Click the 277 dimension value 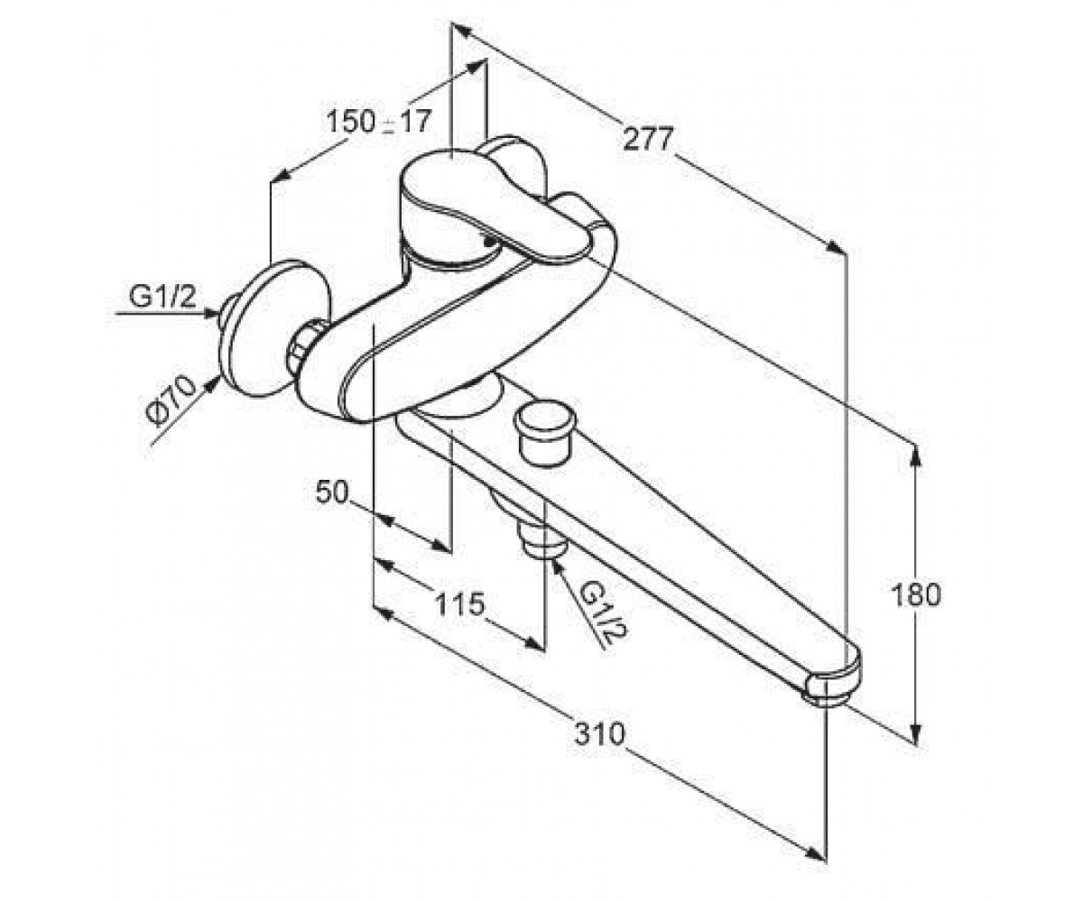coord(647,139)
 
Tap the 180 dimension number coord(915,595)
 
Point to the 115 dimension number coord(459,604)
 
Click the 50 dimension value coord(332,492)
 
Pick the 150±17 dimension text coord(379,123)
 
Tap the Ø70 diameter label coord(171,401)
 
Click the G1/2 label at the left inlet coord(162,297)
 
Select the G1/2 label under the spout coord(602,611)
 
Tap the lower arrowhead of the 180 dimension coord(916,732)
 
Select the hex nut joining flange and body coord(301,347)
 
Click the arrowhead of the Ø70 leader coord(212,384)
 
